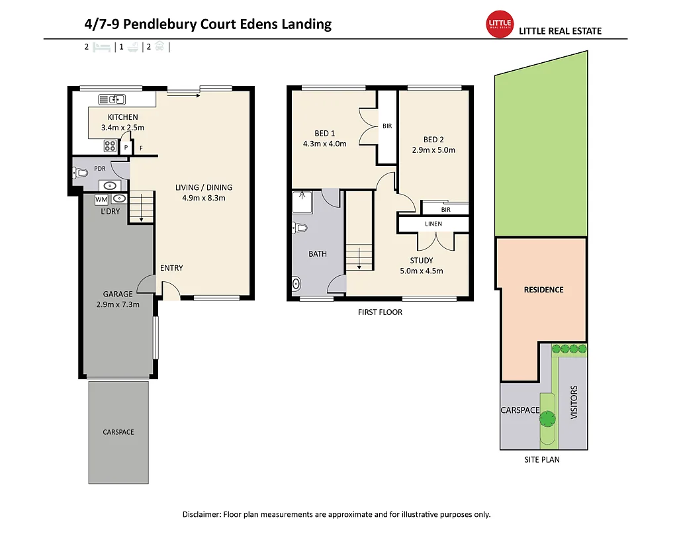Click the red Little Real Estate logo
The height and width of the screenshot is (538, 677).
[x=500, y=24]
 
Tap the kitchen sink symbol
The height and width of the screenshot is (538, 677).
[x=112, y=100]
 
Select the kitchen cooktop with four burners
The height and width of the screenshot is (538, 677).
[x=110, y=146]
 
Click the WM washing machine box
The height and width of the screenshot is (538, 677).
[x=101, y=199]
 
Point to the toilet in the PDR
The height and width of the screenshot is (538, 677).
[x=80, y=173]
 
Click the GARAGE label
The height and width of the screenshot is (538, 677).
[x=118, y=294]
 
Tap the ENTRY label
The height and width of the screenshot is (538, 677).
[x=171, y=268]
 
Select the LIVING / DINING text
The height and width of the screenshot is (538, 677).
[x=204, y=187]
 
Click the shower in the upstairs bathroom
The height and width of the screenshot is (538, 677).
[x=302, y=202]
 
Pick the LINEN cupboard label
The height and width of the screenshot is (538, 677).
[x=433, y=224]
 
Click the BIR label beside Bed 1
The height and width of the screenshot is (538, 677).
[x=387, y=126]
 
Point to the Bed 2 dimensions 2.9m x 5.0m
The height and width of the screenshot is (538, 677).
[x=433, y=150]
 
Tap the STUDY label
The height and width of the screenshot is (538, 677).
[x=422, y=260]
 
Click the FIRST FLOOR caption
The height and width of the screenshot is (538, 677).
[x=380, y=312]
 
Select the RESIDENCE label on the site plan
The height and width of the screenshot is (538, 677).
[x=543, y=290]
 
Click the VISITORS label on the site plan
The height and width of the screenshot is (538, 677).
[x=574, y=402]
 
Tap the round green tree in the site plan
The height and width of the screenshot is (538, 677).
[x=547, y=418]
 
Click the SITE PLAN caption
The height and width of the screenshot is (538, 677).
[x=542, y=460]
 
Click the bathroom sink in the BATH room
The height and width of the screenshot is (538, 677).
[x=296, y=284]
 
